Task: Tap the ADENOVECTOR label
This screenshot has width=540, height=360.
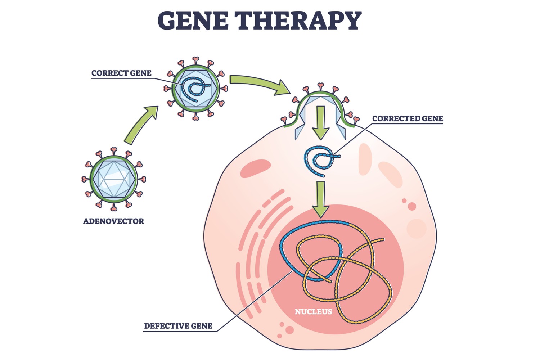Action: click(x=113, y=221)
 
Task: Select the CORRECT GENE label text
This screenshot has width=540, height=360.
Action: click(x=121, y=73)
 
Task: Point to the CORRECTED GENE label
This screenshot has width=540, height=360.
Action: click(x=408, y=118)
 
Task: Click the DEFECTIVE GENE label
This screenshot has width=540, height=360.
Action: click(x=178, y=326)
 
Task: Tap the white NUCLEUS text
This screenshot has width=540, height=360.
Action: click(x=313, y=312)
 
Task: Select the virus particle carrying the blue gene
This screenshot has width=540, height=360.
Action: click(x=196, y=89)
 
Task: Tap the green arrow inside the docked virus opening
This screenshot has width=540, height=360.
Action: click(x=321, y=122)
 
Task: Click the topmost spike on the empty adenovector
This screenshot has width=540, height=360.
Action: click(x=114, y=150)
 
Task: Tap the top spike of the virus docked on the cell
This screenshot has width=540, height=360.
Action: click(x=320, y=86)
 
